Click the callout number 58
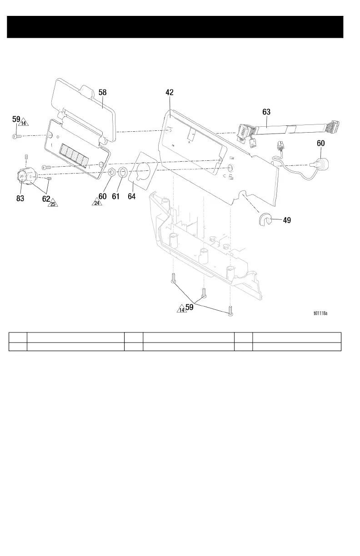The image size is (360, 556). (103, 92)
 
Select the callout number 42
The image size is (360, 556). (170, 92)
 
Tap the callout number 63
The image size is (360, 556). (267, 111)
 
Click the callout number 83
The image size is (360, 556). (20, 198)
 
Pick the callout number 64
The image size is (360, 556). (132, 197)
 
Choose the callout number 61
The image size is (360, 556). (116, 197)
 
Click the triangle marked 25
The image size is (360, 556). (53, 204)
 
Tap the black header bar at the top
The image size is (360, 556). (175, 27)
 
